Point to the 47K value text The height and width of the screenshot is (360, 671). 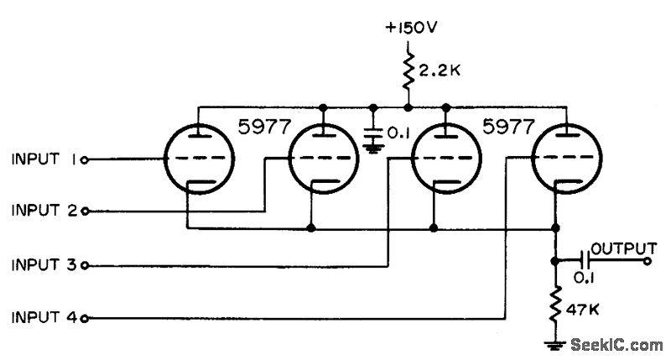pyautogui.click(x=583, y=309)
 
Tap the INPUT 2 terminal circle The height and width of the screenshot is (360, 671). pyautogui.click(x=86, y=211)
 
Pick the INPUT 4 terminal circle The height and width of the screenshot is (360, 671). pyautogui.click(x=86, y=319)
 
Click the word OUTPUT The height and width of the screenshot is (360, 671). pyautogui.click(x=622, y=248)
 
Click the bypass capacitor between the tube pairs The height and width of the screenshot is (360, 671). pyautogui.click(x=374, y=133)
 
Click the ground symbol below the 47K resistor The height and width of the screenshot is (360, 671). pyautogui.click(x=554, y=343)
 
